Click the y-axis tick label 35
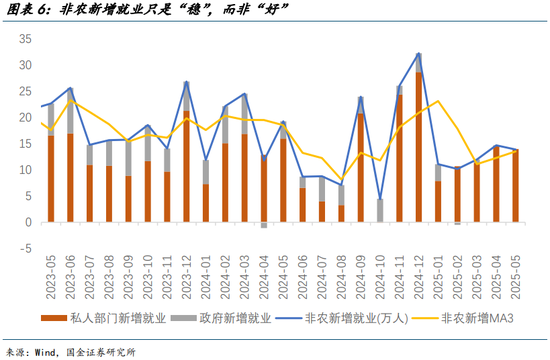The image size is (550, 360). (x=26, y=39)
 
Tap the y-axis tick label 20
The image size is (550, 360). (x=26, y=117)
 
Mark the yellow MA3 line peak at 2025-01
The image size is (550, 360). (x=438, y=101)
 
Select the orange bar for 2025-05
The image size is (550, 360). (x=515, y=186)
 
